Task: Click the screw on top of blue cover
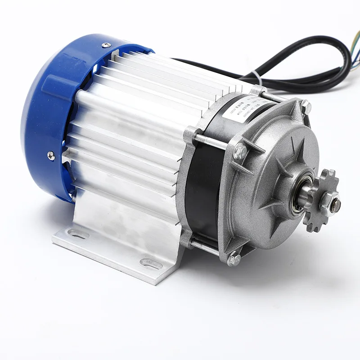[x=106, y=45]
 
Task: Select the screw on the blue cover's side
[x=51, y=156]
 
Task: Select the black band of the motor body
[x=205, y=189]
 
